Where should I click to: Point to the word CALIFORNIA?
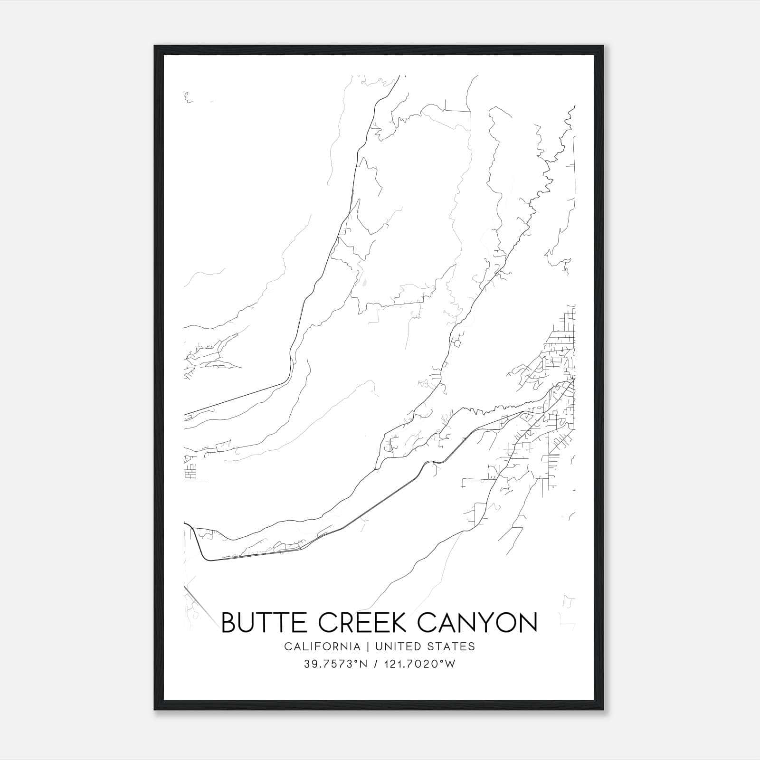322,646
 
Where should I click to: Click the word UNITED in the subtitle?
396,646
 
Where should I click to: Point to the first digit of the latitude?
306,664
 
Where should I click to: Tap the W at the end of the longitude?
450,664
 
